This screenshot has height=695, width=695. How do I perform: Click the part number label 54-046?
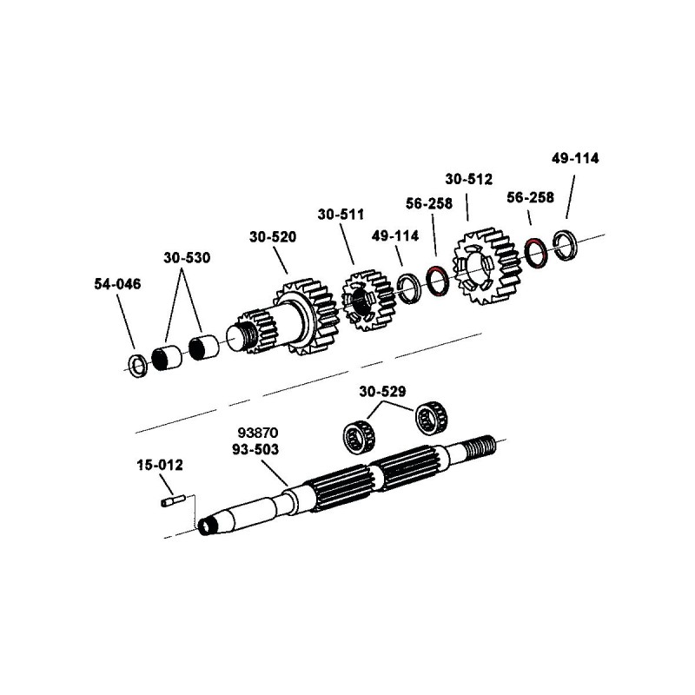pos(116,284)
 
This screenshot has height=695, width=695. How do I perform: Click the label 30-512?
pos(468,180)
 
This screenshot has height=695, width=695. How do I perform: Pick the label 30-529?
pos(384,393)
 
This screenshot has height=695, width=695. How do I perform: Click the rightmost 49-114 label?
pos(575,159)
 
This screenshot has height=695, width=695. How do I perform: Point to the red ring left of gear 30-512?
pos(437,281)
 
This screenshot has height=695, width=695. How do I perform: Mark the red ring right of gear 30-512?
pos(535,250)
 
